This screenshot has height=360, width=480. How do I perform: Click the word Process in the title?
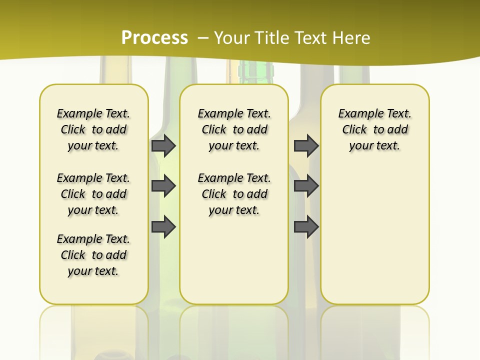154,38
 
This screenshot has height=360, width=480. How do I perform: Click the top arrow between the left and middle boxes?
163,145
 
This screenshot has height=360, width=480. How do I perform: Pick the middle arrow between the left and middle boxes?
163,186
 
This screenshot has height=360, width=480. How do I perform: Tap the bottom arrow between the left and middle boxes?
163,227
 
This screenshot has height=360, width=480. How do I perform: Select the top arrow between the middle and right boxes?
306,145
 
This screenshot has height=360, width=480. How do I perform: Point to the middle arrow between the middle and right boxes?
306,186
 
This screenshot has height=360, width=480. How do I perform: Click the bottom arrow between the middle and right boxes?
306,227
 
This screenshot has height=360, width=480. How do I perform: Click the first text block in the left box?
93,129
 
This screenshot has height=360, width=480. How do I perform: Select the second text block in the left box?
93,194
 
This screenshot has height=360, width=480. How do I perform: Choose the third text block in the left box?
93,255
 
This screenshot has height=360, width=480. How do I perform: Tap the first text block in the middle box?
234,129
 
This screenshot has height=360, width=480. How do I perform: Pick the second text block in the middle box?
234,194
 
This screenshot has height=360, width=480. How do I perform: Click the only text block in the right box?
375,129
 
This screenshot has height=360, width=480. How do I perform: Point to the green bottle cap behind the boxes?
256,71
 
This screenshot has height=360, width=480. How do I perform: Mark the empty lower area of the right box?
375,230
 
